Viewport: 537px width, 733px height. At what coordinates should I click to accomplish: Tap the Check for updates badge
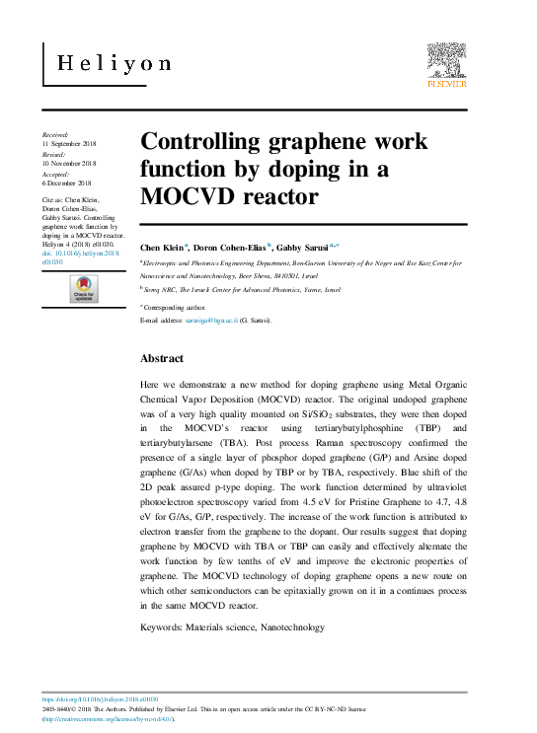click(x=83, y=290)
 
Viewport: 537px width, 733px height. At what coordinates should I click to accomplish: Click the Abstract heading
click(x=162, y=358)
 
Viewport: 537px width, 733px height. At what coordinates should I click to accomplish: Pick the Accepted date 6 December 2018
click(x=66, y=183)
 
